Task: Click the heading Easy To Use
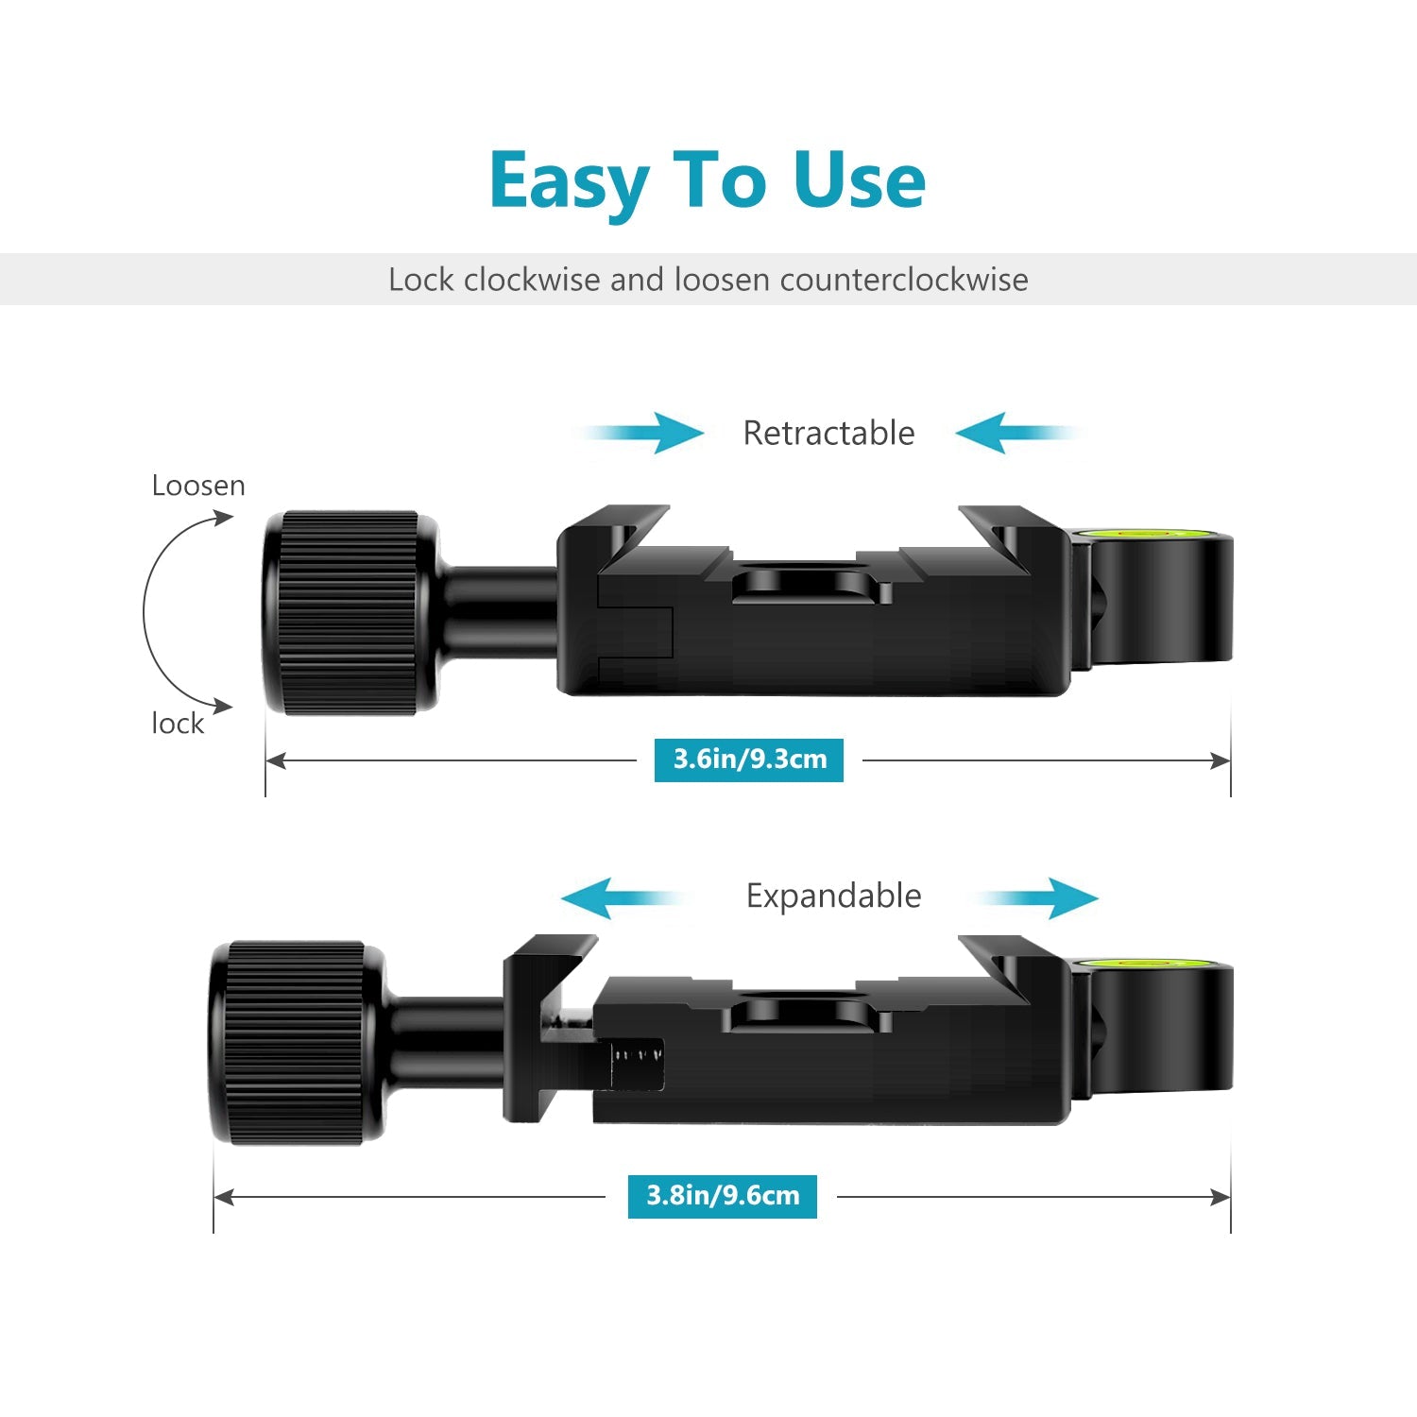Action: coord(708,181)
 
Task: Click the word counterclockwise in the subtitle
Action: coord(904,280)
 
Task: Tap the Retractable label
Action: coord(828,433)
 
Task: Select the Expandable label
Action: coord(833,896)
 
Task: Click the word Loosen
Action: coord(198,486)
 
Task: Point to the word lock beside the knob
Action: coord(178,724)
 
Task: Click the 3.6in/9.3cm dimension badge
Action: coord(749,760)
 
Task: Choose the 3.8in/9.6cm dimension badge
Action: coord(723,1196)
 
